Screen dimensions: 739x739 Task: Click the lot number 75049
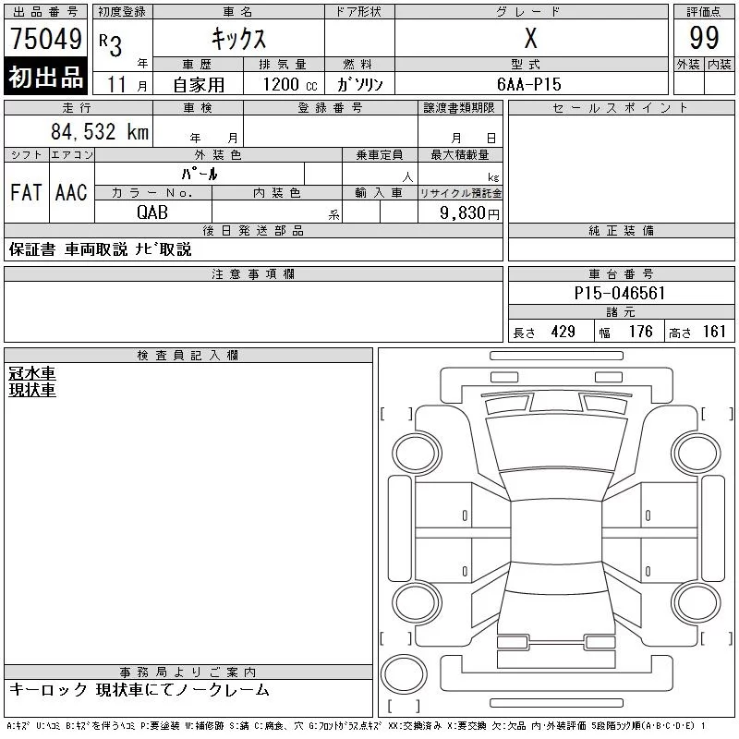tap(46, 38)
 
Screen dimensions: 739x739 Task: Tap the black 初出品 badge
tap(45, 76)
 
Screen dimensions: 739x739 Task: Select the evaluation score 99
tap(704, 38)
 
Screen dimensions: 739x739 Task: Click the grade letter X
tap(530, 38)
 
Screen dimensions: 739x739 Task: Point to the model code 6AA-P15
tap(528, 84)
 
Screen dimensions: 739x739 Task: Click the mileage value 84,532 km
tap(100, 131)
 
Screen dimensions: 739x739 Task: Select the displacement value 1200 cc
tap(290, 84)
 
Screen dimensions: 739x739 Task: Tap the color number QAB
tap(152, 212)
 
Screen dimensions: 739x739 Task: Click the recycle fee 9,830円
tap(469, 212)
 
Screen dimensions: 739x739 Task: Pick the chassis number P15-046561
tap(619, 293)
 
